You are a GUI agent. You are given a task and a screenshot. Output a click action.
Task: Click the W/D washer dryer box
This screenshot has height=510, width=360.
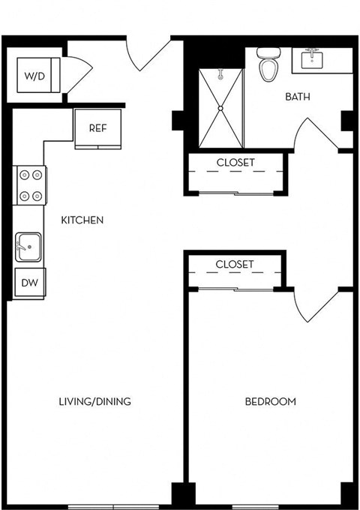34,75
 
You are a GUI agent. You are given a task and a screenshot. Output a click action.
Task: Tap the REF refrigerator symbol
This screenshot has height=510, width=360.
97,128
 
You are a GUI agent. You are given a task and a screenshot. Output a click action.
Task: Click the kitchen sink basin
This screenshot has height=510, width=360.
29,245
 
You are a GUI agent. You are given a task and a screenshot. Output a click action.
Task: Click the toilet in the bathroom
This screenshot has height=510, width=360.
267,66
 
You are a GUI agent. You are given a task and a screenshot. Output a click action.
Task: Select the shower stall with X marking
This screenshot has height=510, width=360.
220,108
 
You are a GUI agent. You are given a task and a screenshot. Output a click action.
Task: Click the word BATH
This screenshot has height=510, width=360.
297,97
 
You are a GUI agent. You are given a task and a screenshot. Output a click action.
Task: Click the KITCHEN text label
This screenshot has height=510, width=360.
82,220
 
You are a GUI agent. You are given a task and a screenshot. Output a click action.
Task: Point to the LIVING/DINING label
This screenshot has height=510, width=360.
94,401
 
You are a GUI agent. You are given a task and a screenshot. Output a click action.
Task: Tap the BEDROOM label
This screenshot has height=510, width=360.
270,401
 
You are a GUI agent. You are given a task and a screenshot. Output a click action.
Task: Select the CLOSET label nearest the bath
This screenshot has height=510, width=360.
235,162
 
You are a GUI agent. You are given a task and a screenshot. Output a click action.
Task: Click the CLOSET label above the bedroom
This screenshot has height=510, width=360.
235,264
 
